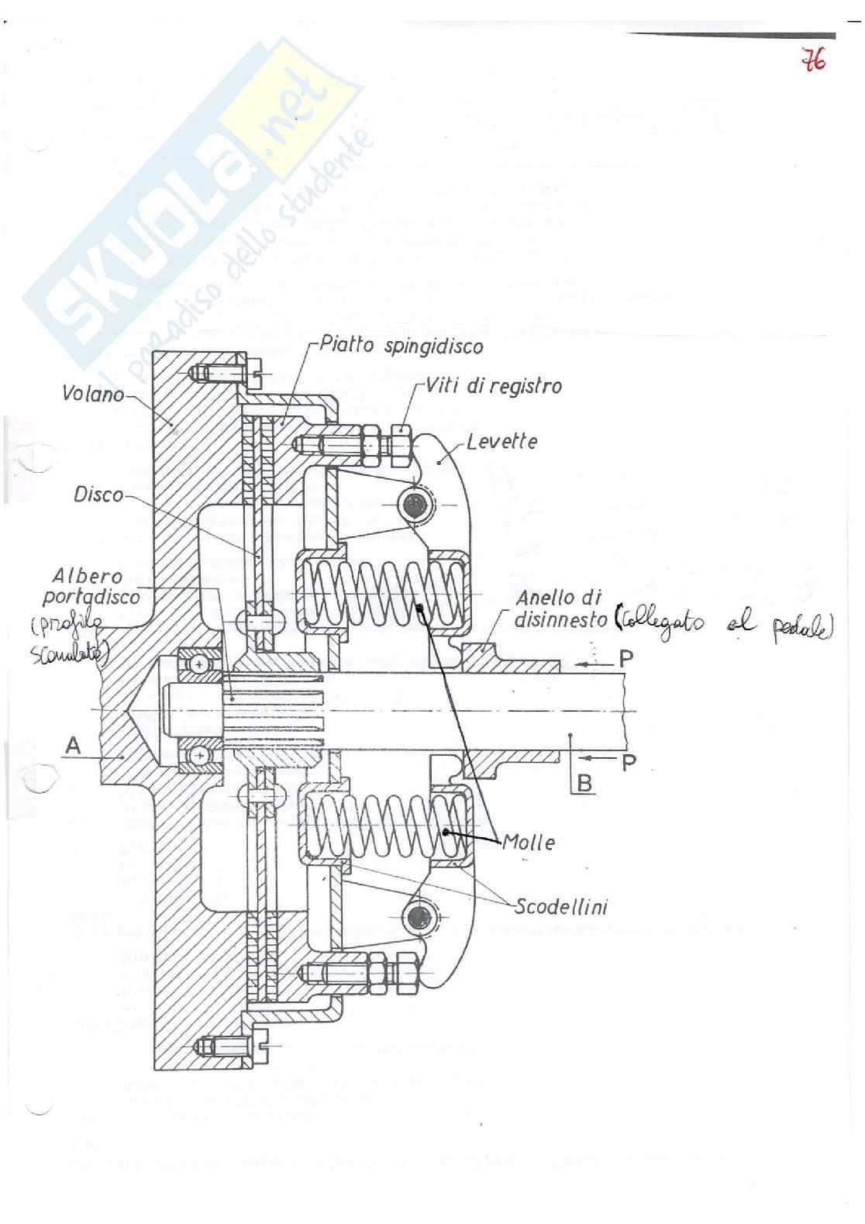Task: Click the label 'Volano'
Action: [92, 394]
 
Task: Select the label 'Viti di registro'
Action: [494, 386]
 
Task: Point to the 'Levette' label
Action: [501, 442]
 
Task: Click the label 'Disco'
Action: [98, 494]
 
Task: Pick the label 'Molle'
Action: [529, 843]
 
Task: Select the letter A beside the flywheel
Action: [73, 746]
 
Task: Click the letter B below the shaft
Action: [585, 783]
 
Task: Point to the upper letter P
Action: [625, 660]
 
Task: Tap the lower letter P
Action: [628, 762]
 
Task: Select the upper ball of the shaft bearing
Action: [202, 664]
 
